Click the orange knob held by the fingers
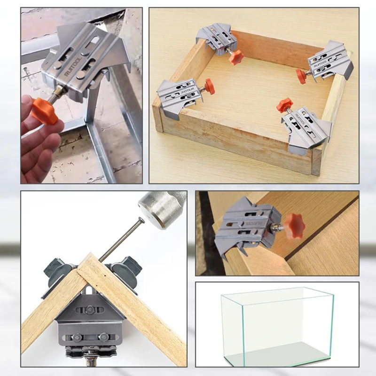[44, 110]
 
